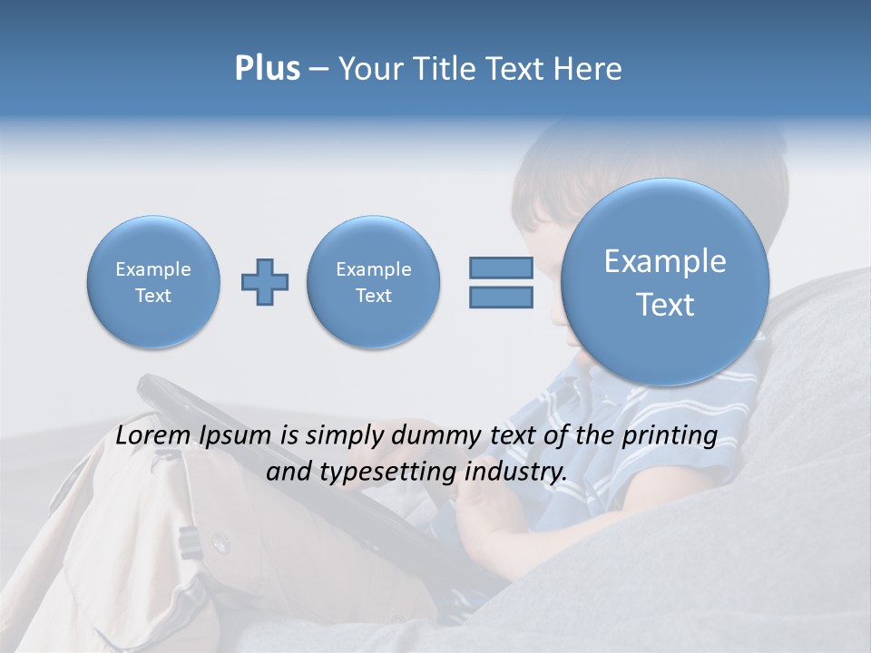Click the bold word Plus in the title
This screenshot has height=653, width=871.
267,69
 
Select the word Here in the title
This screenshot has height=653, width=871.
588,69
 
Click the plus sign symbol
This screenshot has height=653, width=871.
265,282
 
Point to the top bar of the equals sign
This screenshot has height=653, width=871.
501,268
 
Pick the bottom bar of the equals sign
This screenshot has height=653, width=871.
501,297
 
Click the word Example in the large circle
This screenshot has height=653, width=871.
665,261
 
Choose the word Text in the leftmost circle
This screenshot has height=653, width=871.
153,296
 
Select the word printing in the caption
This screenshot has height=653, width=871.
670,435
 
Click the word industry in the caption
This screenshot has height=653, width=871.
515,473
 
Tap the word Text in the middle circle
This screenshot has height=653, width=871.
374,296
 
